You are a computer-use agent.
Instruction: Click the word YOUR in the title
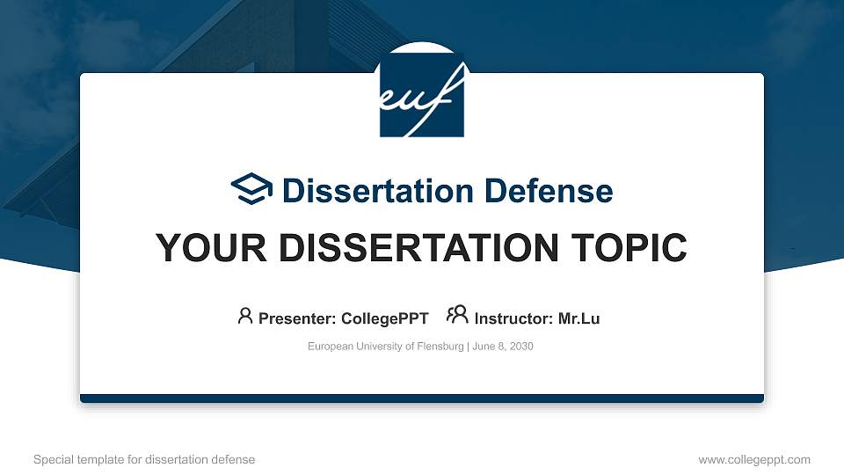pyautogui.click(x=201, y=248)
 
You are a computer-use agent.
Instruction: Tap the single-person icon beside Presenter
pyautogui.click(x=245, y=317)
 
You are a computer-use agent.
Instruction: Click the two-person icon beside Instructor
pyautogui.click(x=457, y=317)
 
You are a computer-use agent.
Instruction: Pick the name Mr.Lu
pyautogui.click(x=578, y=318)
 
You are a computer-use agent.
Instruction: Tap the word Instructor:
pyautogui.click(x=513, y=318)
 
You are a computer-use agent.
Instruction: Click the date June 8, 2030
pyautogui.click(x=503, y=347)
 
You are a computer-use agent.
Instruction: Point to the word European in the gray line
pyautogui.click(x=329, y=347)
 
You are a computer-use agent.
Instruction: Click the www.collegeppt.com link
pyautogui.click(x=753, y=459)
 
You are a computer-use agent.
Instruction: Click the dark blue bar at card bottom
pyautogui.click(x=422, y=398)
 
